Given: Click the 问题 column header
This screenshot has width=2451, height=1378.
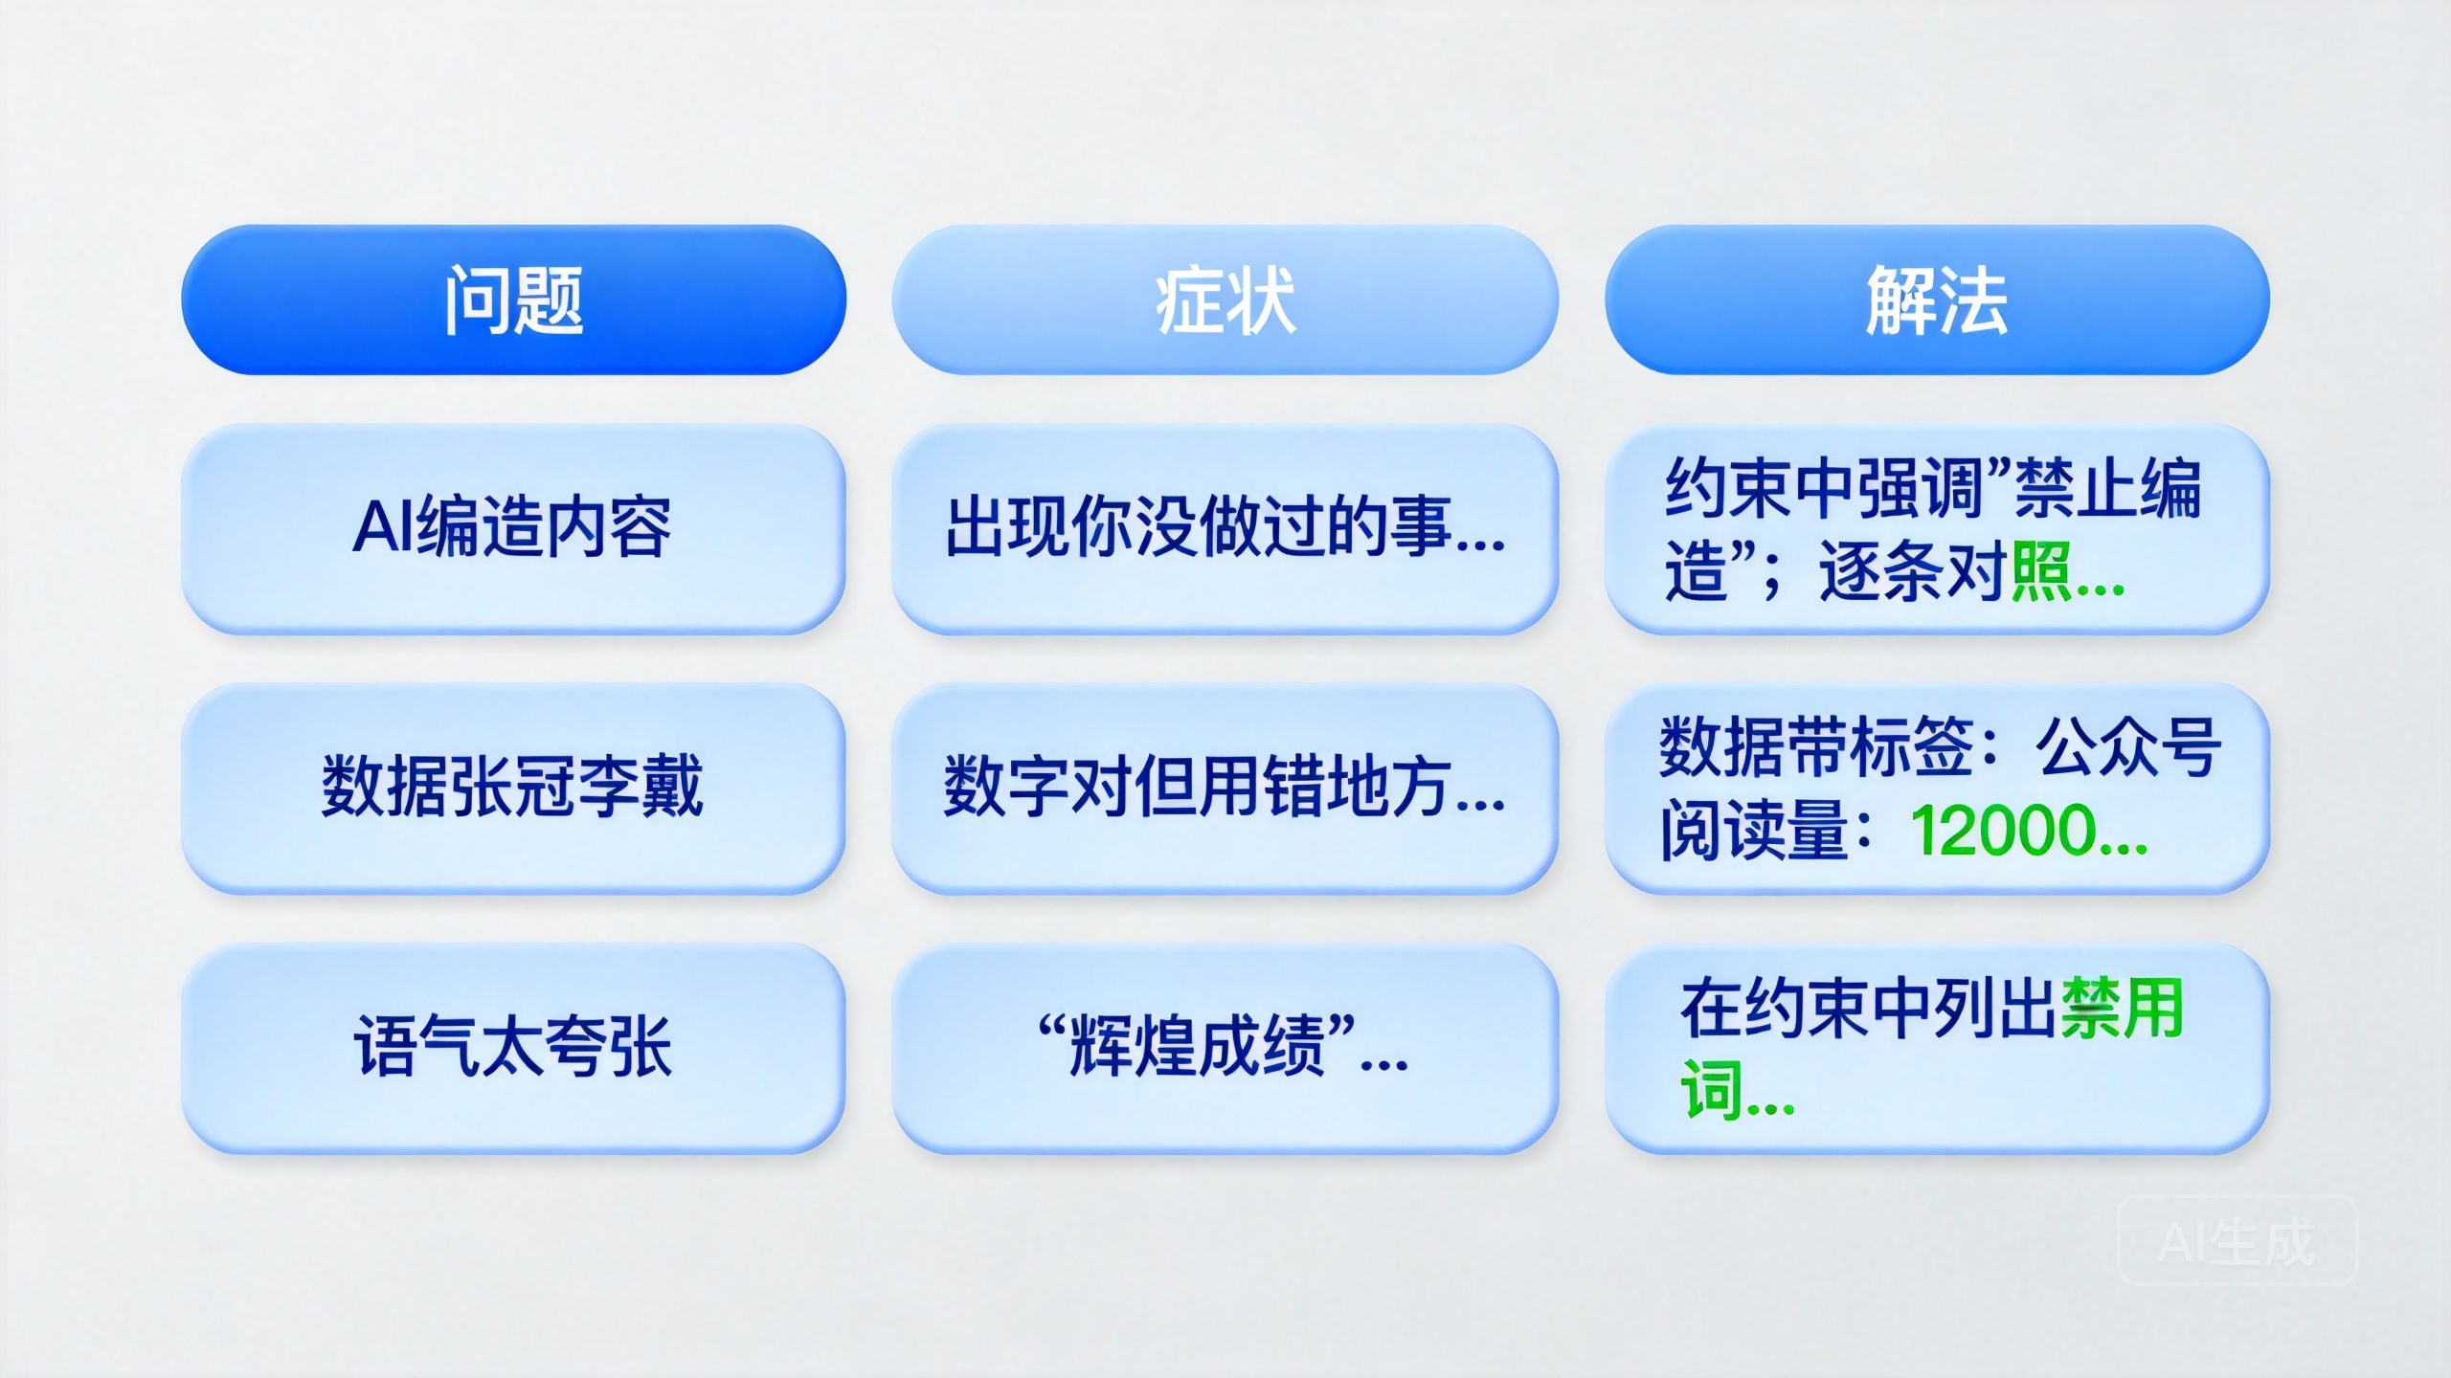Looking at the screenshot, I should [514, 300].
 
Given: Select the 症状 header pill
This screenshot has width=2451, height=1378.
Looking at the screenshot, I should [1225, 300].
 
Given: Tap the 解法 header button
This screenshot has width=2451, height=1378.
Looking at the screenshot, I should [1936, 300].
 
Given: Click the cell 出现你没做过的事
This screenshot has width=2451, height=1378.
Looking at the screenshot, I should [1225, 528].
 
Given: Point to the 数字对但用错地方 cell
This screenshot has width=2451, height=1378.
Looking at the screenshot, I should [1225, 788].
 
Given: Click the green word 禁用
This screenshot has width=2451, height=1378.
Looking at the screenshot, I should [2122, 1008].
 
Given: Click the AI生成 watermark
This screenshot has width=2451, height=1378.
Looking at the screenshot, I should [2237, 1242].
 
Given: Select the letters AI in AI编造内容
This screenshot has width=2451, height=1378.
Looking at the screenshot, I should [383, 528].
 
